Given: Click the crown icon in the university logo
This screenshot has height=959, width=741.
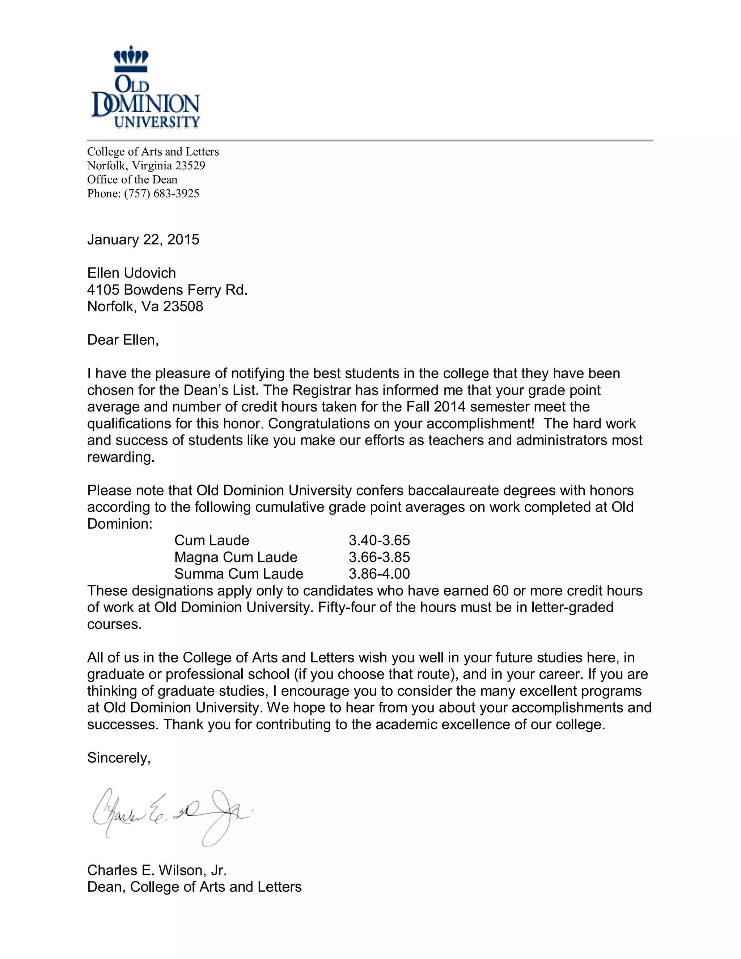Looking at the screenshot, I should (x=131, y=59).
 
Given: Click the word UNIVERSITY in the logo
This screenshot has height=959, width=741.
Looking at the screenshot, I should (x=157, y=122).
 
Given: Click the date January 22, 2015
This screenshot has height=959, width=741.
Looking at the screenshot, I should (x=143, y=240).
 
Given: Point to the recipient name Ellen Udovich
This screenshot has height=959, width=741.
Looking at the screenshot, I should (x=131, y=273).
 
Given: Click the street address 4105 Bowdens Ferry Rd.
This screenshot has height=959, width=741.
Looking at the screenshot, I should (x=167, y=290).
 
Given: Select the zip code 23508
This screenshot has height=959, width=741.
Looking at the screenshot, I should (x=183, y=307).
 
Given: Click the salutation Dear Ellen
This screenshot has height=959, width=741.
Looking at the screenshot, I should (x=123, y=340).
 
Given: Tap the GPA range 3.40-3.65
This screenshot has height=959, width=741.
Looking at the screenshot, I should (x=379, y=541).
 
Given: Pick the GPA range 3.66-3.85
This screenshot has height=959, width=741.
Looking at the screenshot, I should (x=379, y=557).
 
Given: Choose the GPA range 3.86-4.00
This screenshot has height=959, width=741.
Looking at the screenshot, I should (x=379, y=574).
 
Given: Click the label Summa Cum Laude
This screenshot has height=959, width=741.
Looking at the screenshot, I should (x=239, y=574).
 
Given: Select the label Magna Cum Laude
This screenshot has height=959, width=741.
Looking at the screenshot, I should (x=236, y=557).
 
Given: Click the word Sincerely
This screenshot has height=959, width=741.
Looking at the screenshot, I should (x=119, y=758).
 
